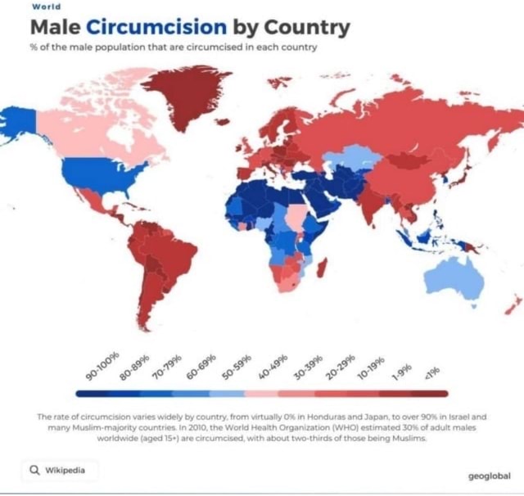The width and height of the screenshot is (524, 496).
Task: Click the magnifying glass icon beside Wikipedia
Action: (x=34, y=470)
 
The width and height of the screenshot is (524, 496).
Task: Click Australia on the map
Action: (x=454, y=274)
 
